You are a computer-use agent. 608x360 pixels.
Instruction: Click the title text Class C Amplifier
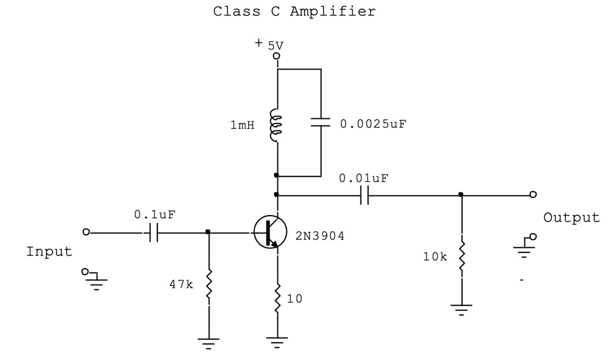click(x=294, y=11)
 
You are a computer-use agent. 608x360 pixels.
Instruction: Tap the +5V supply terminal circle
click(x=276, y=56)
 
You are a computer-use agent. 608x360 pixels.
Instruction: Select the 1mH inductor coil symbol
click(x=275, y=125)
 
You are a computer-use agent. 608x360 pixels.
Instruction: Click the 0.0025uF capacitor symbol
click(x=321, y=122)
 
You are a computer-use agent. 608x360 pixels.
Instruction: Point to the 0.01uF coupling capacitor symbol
click(x=364, y=195)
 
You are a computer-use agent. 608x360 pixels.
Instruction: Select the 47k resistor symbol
click(x=208, y=285)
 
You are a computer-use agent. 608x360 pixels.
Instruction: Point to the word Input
click(x=49, y=252)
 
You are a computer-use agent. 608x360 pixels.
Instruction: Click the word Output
click(x=571, y=217)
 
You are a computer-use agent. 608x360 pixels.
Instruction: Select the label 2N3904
click(x=320, y=236)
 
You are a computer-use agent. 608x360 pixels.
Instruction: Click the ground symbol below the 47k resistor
click(x=208, y=341)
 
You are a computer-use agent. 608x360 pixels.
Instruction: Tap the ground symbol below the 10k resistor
click(x=461, y=309)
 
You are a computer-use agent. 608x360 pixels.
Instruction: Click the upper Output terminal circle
click(x=533, y=195)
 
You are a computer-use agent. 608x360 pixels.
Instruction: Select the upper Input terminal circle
click(x=86, y=232)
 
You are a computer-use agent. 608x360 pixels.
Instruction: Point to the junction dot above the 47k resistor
click(x=208, y=232)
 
